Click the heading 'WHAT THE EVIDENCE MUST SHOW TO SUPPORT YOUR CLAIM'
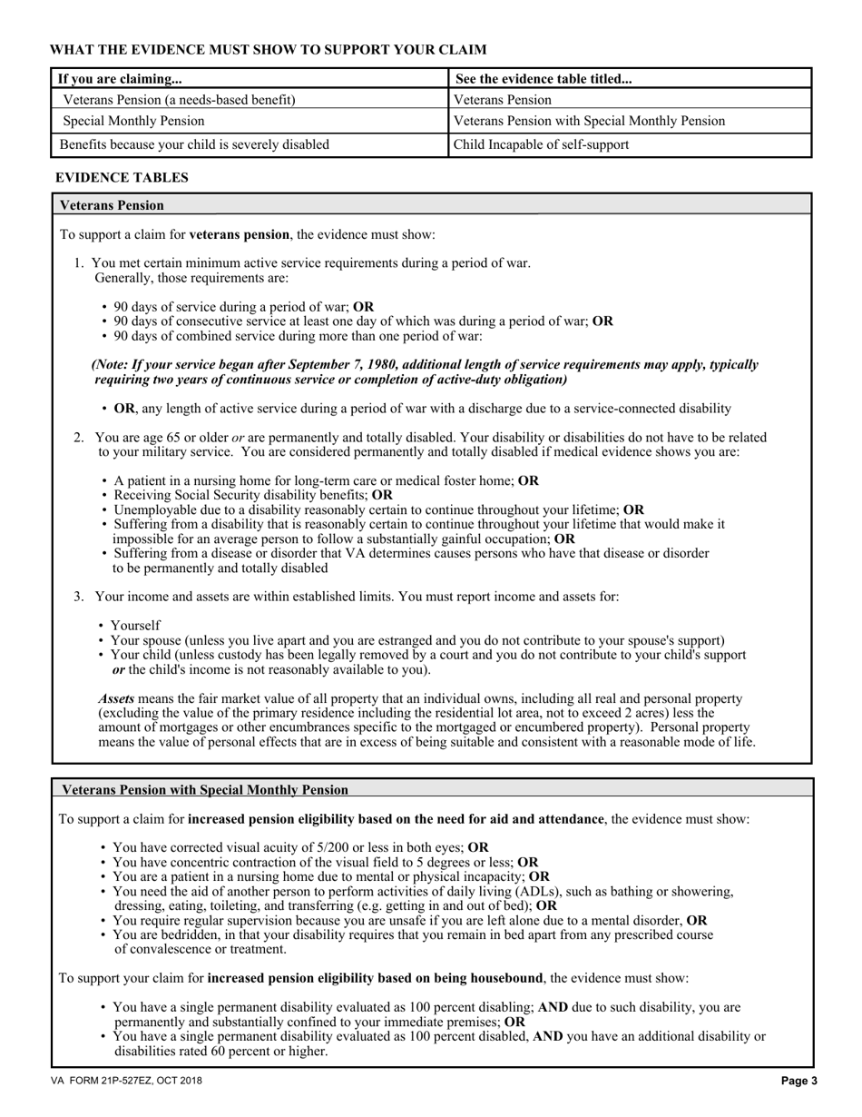pyautogui.click(x=268, y=50)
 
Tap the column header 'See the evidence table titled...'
pyautogui.click(x=544, y=79)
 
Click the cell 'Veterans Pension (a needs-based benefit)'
pyautogui.click(x=179, y=100)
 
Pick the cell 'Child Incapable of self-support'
pyautogui.click(x=541, y=144)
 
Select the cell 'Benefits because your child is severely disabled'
pyautogui.click(x=194, y=144)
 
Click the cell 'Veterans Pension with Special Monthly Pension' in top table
pyautogui.click(x=589, y=121)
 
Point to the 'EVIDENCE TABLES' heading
pyautogui.click(x=122, y=178)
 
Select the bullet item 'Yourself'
pyautogui.click(x=135, y=625)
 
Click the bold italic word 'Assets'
pyautogui.click(x=116, y=698)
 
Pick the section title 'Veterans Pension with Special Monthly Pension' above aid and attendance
pyautogui.click(x=203, y=790)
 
